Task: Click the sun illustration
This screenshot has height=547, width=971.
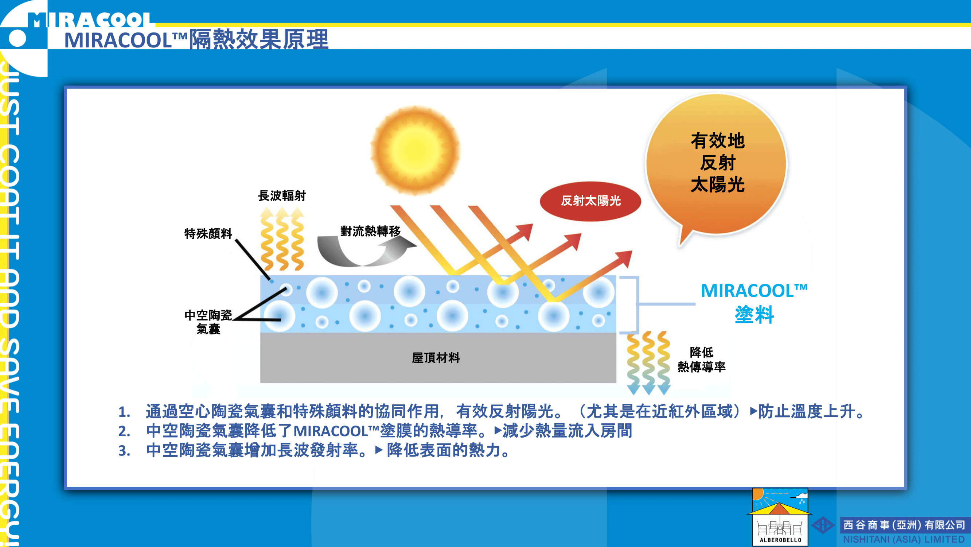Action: (x=415, y=150)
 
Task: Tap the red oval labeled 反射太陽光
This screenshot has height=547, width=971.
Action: (x=590, y=201)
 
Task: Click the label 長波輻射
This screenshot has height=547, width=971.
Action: (x=282, y=196)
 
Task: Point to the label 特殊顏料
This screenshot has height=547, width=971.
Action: (x=208, y=233)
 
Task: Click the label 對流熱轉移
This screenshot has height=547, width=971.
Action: (x=370, y=231)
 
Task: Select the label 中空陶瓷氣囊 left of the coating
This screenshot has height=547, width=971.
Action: (x=208, y=322)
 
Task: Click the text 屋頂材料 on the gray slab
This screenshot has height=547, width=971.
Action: (x=436, y=358)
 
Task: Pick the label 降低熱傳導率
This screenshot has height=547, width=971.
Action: (x=702, y=360)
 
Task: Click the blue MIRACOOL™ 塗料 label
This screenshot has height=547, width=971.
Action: (x=754, y=303)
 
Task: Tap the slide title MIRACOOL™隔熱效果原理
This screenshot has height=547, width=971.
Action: (x=196, y=39)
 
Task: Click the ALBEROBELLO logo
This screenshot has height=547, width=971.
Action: (x=780, y=517)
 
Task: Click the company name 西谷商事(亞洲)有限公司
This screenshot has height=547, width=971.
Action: (x=904, y=525)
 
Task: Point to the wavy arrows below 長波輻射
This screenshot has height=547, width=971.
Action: (x=282, y=239)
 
